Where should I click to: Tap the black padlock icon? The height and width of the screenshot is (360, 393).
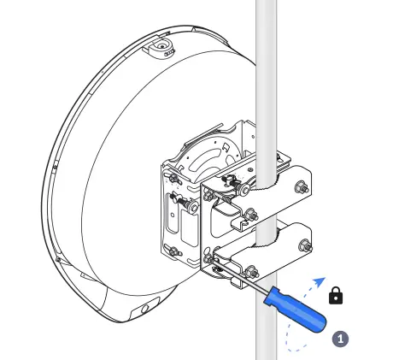337,296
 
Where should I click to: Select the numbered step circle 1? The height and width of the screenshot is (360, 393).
340,338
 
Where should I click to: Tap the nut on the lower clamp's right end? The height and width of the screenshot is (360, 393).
305,247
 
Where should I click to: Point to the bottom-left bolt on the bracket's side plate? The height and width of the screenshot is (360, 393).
175,251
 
